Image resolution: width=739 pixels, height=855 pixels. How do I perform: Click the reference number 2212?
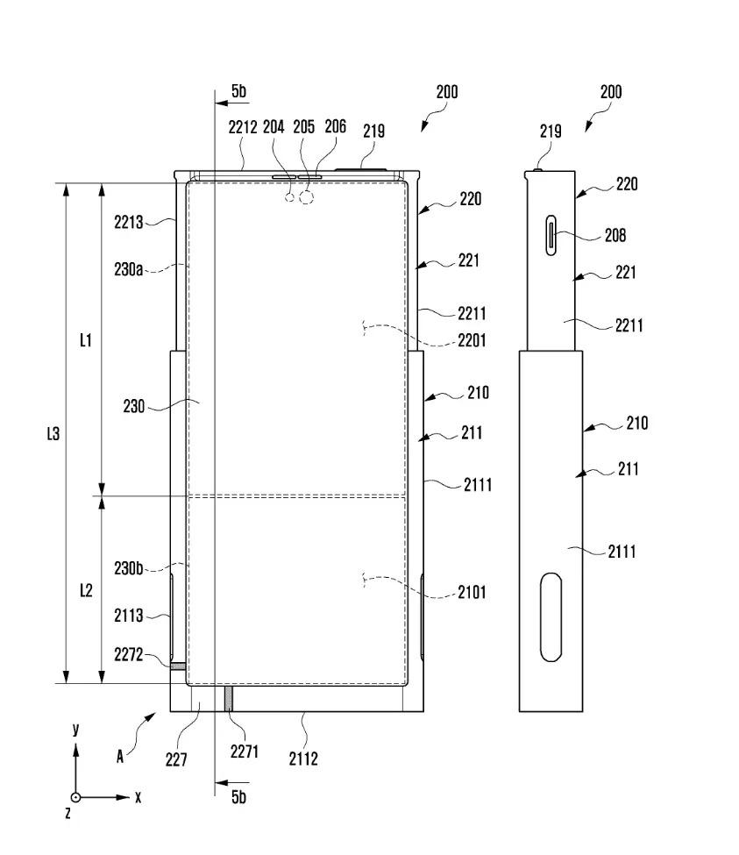[x=243, y=127]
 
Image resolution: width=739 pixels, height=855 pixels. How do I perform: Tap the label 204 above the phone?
[x=274, y=127]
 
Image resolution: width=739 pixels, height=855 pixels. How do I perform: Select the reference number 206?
[x=335, y=127]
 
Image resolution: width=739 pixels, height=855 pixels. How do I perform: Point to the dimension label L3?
[x=53, y=433]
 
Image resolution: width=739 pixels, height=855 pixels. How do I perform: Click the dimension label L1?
[x=85, y=340]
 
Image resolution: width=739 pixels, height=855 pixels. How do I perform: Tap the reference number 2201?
[x=472, y=340]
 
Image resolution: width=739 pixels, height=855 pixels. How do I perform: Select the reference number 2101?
[x=472, y=592]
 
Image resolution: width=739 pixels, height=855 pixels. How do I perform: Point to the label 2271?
[x=244, y=752]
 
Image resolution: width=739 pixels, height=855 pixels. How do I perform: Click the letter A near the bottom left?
[x=120, y=757]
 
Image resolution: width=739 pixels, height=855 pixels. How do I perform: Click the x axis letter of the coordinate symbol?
[x=138, y=797]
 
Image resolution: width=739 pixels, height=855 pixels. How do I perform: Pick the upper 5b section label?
[x=238, y=91]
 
